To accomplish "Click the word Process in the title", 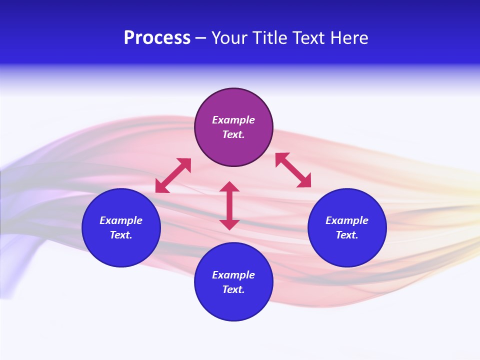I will tap(157, 38).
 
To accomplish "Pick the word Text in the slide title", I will tap(310, 38).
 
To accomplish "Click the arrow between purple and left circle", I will tap(173, 175).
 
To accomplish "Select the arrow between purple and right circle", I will tap(293, 170).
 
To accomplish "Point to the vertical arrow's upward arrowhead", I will tap(229, 186).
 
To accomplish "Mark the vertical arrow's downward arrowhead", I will tap(229, 224).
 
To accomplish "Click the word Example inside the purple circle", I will tap(233, 120).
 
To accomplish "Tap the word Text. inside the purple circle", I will tap(233, 134).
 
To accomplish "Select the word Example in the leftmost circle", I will tap(121, 220).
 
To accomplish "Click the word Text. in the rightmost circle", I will tap(347, 235).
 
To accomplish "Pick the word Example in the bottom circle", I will tap(233, 275).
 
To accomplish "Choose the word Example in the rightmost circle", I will tap(347, 220).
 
